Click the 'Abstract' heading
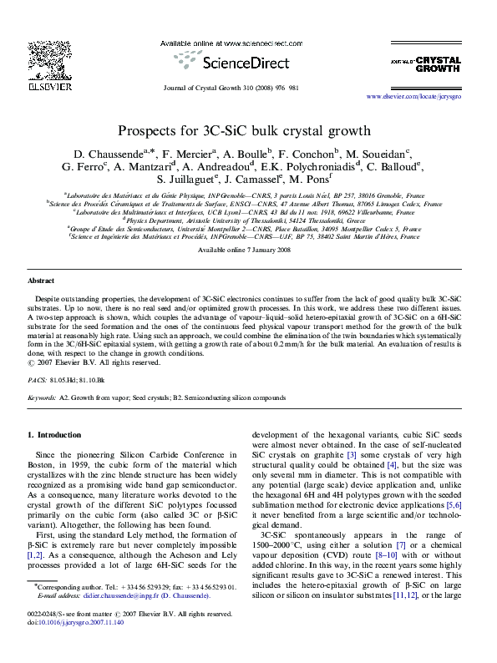click(41, 281)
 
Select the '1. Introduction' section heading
click(54, 435)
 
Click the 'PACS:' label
click(38, 378)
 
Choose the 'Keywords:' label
click(43, 399)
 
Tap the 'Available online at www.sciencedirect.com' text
click(248, 42)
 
